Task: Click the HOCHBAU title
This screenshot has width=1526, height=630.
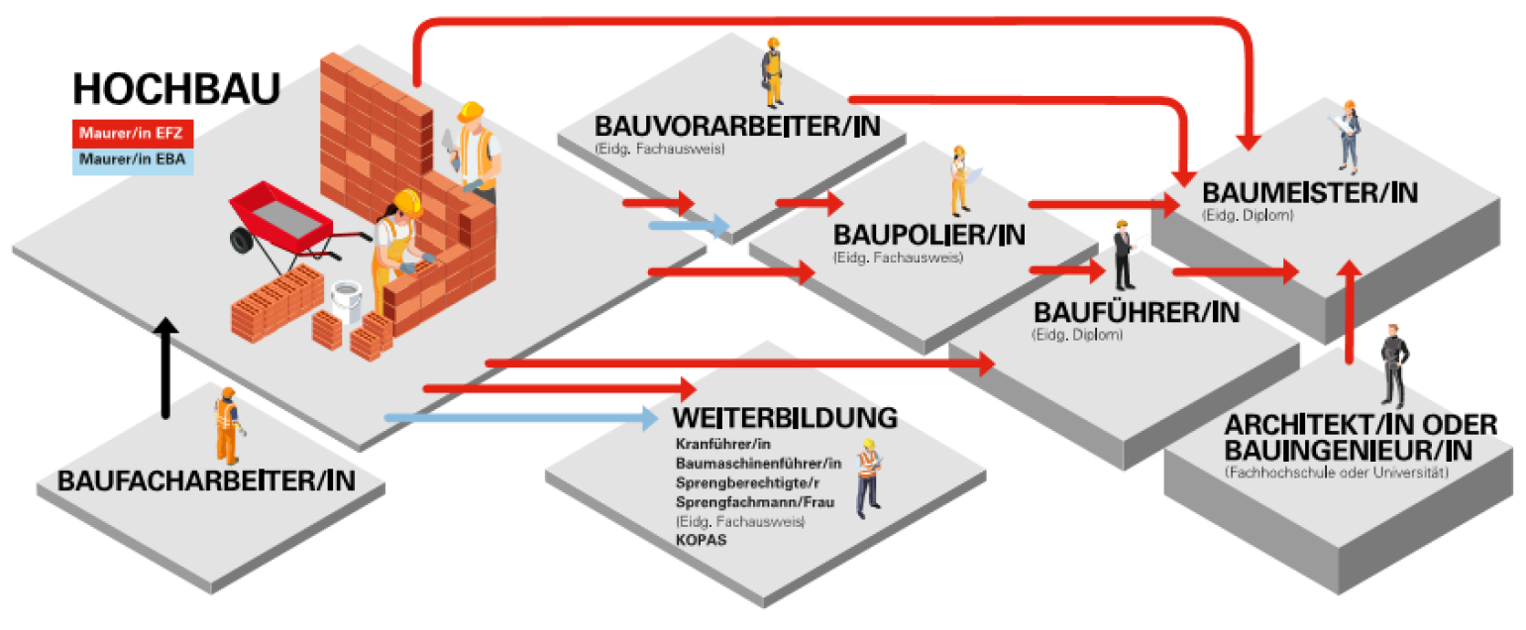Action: (x=175, y=89)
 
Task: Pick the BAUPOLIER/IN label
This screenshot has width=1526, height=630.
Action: (x=928, y=236)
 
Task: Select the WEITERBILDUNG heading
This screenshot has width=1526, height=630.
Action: (x=785, y=417)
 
